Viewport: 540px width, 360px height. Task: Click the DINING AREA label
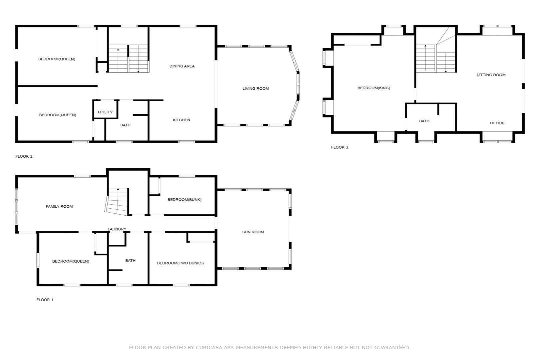click(182, 66)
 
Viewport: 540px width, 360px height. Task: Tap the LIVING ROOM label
click(256, 89)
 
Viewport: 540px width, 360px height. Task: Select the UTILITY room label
click(105, 112)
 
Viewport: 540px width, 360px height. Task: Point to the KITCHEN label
click(181, 120)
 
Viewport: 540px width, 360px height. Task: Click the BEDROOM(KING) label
click(374, 88)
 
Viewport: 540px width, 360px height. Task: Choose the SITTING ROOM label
click(491, 75)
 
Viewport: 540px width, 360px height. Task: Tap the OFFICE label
click(497, 123)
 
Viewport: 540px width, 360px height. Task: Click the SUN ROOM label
click(253, 232)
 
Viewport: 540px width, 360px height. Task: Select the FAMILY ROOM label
click(59, 207)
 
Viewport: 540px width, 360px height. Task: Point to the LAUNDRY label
click(117, 229)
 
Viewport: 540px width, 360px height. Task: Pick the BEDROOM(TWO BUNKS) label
click(180, 263)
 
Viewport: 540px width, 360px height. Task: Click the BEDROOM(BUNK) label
click(185, 200)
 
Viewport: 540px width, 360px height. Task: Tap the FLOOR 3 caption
click(340, 147)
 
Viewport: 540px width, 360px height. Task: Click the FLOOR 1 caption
click(45, 300)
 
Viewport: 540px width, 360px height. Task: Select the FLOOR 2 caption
click(24, 156)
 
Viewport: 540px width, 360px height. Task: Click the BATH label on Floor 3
click(424, 121)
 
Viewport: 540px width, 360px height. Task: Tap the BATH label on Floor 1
click(131, 261)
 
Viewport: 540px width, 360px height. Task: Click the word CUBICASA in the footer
click(209, 348)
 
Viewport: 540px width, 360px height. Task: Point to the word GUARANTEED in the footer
click(392, 348)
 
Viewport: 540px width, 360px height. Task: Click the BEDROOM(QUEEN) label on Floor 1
click(71, 261)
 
